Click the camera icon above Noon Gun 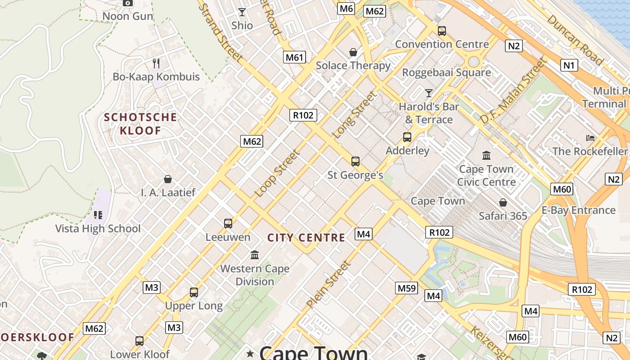(x=128, y=3)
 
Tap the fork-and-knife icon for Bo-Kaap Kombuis (x=156, y=63)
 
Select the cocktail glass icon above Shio (x=242, y=12)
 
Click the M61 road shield (x=295, y=57)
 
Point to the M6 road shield (x=346, y=8)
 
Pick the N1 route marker (x=569, y=66)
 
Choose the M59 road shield (x=407, y=288)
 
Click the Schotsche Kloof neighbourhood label (x=140, y=124)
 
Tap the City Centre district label (x=306, y=238)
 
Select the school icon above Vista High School (x=98, y=215)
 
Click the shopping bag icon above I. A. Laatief (x=168, y=180)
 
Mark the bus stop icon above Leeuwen (x=228, y=223)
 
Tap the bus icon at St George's (x=355, y=161)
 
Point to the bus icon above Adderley (x=407, y=137)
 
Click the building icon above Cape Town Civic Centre (x=486, y=156)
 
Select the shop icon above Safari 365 (x=503, y=203)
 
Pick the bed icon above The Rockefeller (x=590, y=138)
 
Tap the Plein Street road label (x=328, y=284)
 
